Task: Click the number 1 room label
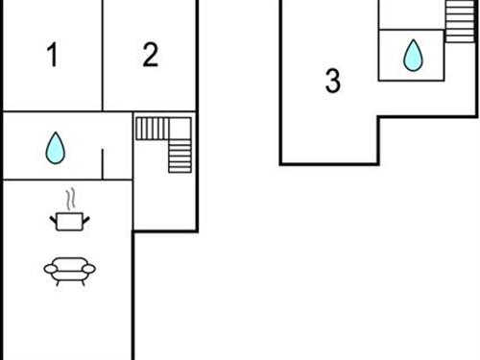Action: coord(52,57)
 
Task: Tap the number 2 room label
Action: coord(150,56)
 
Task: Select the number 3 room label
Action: coord(332,82)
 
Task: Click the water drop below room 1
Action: coord(55,147)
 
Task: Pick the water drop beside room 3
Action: coord(413,55)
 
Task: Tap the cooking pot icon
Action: coord(69,222)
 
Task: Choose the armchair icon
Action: coord(69,271)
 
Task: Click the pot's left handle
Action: coord(54,218)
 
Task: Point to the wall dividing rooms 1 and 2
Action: coord(102,56)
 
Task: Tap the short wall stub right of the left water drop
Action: coord(102,162)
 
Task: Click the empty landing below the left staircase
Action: coord(164,202)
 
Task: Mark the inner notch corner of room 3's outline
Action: coord(378,117)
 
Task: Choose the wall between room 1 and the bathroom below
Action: coord(52,111)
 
